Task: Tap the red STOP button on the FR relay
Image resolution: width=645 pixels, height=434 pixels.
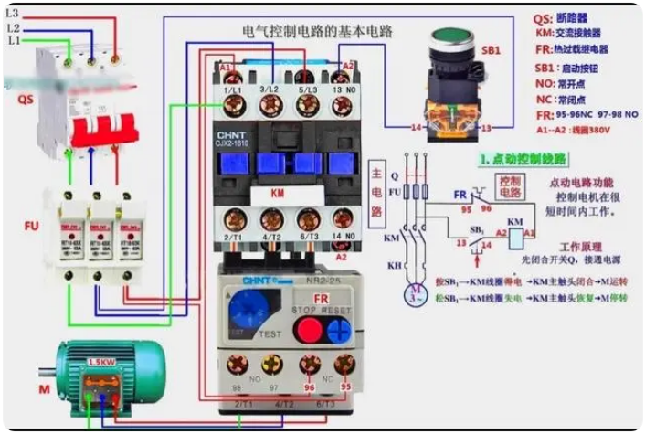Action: coord(310,328)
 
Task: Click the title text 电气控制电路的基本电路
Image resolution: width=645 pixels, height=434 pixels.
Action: coord(317,30)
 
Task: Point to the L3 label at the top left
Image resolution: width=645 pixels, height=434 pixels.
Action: coord(14,14)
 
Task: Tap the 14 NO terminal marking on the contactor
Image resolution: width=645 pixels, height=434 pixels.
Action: coord(344,236)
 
